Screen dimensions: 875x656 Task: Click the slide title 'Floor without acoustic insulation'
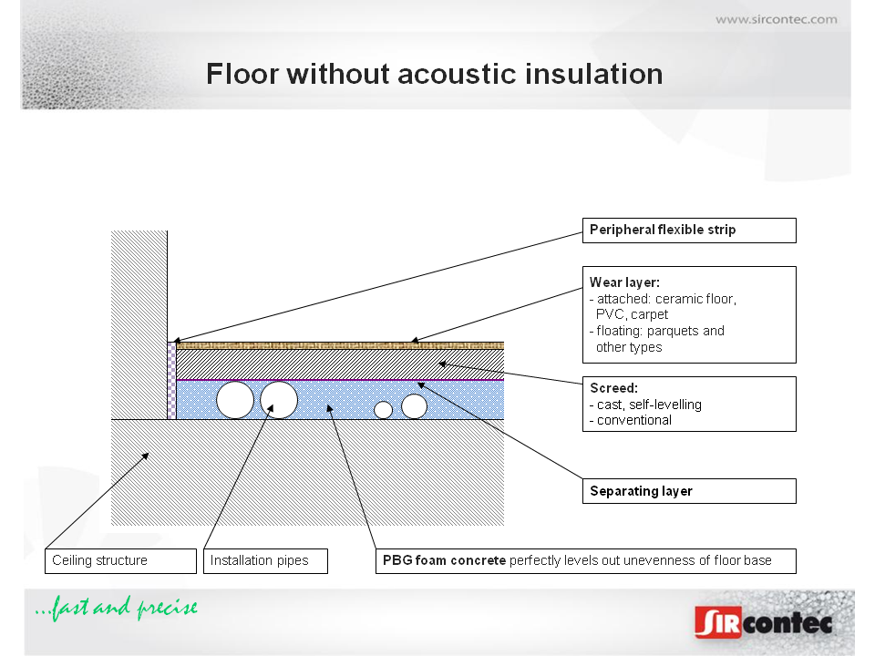434,74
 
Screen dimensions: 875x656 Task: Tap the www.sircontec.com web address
777,19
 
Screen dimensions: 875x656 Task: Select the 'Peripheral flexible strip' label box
689,231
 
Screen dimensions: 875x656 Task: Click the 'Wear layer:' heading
624,282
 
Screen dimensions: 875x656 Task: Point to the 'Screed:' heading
613,388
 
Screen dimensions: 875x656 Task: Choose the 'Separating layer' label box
689,491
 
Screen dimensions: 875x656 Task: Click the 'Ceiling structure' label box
120,560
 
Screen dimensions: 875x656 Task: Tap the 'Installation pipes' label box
265,560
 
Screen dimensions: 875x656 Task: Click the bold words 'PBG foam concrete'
444,560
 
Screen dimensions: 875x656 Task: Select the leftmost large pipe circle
235,400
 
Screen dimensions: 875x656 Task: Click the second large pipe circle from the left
279,400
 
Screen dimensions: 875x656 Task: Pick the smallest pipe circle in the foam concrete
383,410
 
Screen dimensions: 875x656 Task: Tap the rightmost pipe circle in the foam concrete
414,406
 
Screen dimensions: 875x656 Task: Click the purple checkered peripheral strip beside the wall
172,381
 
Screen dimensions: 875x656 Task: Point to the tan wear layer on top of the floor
340,346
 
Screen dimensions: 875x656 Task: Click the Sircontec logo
764,622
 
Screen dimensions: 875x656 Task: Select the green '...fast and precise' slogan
116,608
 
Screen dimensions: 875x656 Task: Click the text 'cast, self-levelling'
649,405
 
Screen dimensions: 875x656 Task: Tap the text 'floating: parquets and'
660,331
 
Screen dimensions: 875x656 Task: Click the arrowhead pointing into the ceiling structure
146,456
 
